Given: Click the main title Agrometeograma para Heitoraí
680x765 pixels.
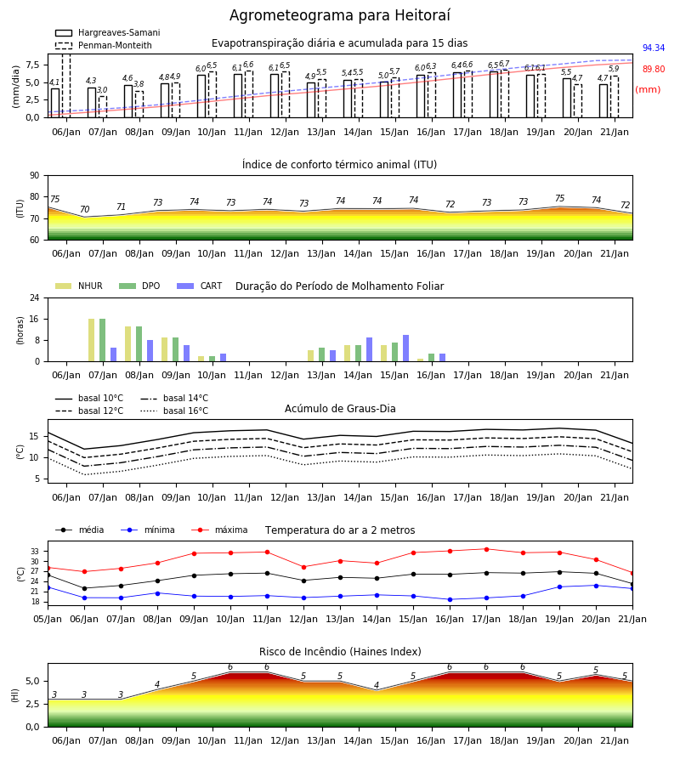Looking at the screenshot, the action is point(339,15).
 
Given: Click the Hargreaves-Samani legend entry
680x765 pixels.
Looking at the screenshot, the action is point(107,32).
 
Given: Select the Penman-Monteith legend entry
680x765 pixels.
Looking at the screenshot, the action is point(104,45).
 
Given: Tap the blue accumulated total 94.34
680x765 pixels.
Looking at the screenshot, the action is point(653,48).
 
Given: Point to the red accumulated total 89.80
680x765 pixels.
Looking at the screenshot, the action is point(653,70).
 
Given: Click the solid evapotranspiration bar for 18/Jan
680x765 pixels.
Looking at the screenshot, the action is point(494,94).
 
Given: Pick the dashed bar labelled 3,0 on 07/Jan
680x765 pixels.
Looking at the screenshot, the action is point(103,107).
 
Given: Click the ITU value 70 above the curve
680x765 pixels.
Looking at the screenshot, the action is point(84,209).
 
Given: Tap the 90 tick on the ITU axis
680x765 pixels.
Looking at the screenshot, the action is point(35,176).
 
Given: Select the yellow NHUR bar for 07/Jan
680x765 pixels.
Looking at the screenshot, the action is point(91,340).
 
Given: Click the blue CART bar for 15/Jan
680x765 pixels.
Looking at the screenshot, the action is point(405,348).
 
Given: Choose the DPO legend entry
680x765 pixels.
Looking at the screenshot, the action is point(139,286).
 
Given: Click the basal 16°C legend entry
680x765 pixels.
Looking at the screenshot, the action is point(174,411).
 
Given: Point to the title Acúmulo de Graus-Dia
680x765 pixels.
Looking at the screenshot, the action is point(340,409).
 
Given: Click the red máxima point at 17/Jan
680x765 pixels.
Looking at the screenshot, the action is point(486,549).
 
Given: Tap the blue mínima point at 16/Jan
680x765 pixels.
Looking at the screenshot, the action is point(450,599).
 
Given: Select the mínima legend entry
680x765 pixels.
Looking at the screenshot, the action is point(148,530).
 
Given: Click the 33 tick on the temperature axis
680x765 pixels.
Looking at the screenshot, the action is point(35,552).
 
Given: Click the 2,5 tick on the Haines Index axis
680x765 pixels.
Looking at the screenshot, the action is point(32,704).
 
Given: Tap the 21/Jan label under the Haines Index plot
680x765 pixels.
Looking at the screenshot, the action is point(615,740).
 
